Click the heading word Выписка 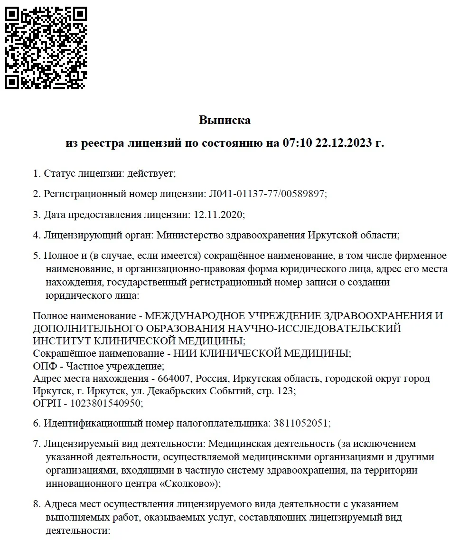[225, 120]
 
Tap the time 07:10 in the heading [298, 143]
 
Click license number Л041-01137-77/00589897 [267, 194]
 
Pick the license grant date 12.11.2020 [219, 214]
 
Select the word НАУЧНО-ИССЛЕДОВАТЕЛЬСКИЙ [315, 329]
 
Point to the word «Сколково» [191, 483]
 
